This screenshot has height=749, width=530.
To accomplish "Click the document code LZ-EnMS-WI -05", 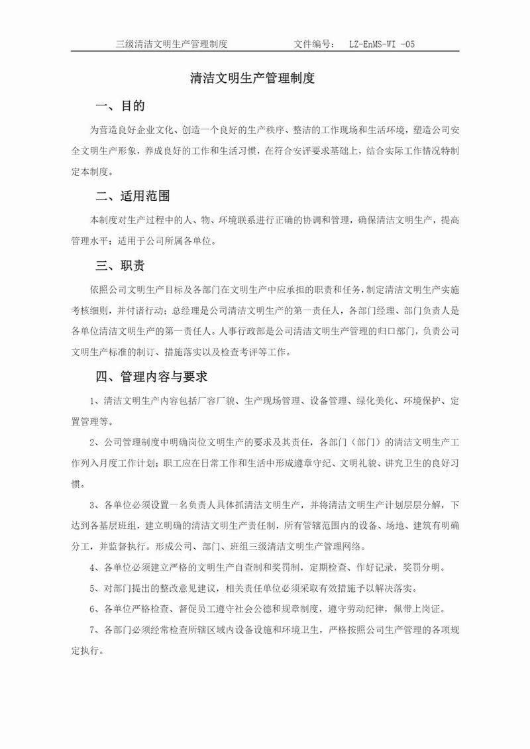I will tap(382, 44).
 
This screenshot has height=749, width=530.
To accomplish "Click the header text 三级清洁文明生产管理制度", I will tap(172, 44).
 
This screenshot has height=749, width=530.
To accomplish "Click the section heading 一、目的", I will tap(121, 107).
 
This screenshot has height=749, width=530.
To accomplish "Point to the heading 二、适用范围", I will tap(133, 196).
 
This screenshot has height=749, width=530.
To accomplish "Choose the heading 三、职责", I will tap(121, 266).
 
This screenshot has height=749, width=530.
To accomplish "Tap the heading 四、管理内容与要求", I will tap(152, 377).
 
